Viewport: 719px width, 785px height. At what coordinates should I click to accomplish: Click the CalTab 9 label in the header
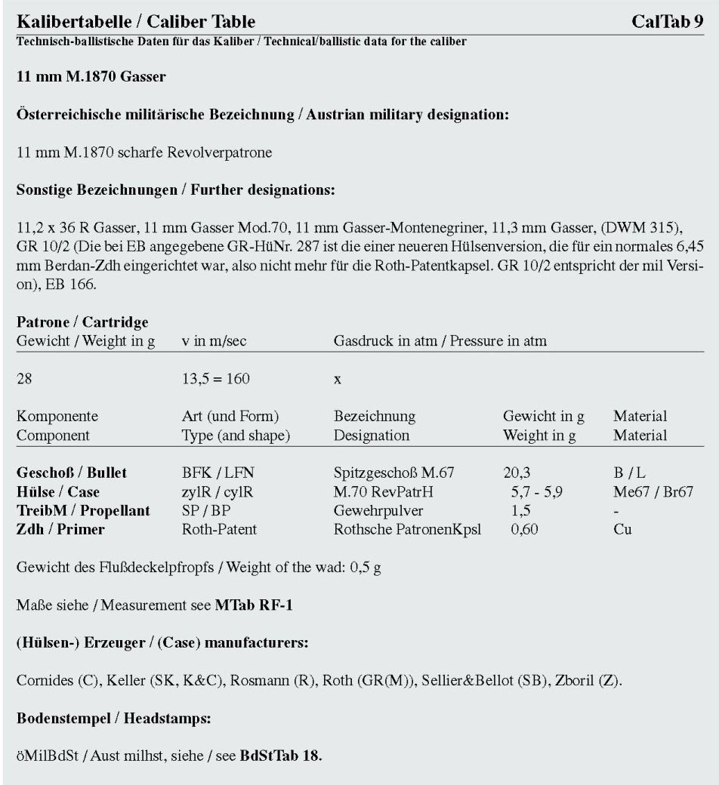coord(668,20)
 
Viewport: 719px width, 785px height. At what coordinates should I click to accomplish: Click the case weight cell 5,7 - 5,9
coord(535,492)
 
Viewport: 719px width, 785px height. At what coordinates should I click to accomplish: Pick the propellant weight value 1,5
coord(520,511)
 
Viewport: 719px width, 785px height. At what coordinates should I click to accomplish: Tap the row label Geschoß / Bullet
coord(72,473)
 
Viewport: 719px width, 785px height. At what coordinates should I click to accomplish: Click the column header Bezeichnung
coord(374,417)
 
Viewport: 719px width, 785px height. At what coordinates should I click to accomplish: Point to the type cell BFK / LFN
coord(215,473)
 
